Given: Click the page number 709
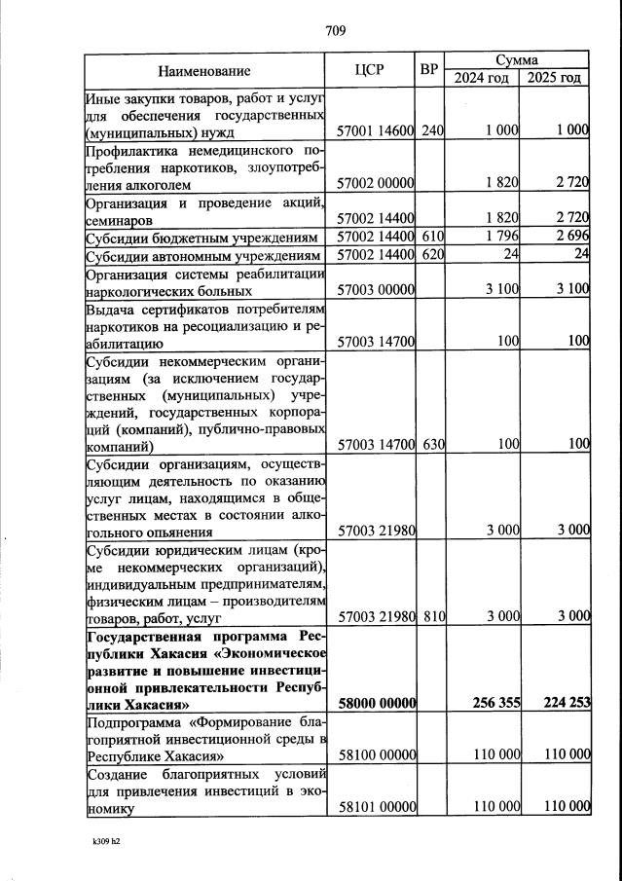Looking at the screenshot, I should [x=336, y=30].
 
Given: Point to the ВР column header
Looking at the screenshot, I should [x=430, y=70].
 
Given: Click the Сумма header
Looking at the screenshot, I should [x=518, y=60].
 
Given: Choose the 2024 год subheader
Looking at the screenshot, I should [x=482, y=78].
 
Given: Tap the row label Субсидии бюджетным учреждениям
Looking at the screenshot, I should [x=202, y=238].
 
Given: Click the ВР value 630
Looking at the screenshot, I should [x=432, y=445].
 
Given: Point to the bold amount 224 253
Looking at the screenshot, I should [x=566, y=704].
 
